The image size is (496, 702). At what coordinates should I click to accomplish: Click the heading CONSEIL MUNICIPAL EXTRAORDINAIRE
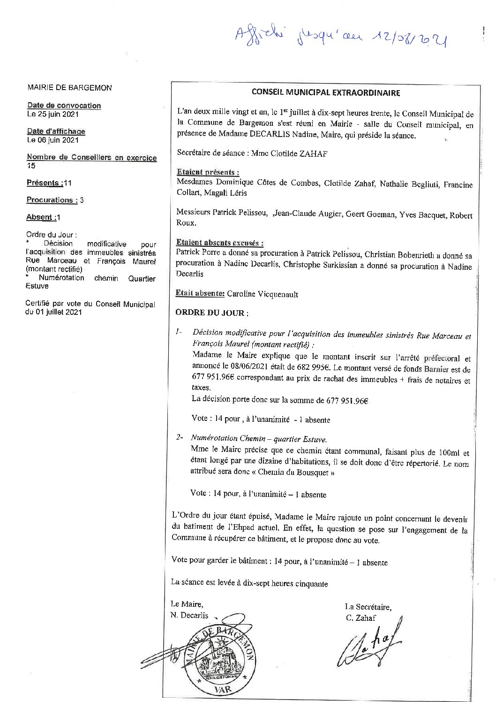325,92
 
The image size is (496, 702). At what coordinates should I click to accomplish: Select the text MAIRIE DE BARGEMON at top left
69,88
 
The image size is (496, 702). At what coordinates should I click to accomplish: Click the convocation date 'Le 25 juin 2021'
53,114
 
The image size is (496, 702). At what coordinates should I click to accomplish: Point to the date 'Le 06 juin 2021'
53,140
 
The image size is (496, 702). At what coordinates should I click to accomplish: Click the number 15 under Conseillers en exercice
31,166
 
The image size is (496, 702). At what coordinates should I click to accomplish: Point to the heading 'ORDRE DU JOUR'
211,313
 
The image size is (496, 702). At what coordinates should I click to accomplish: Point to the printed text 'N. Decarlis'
189,615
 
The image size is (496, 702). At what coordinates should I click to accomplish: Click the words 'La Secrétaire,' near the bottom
368,607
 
